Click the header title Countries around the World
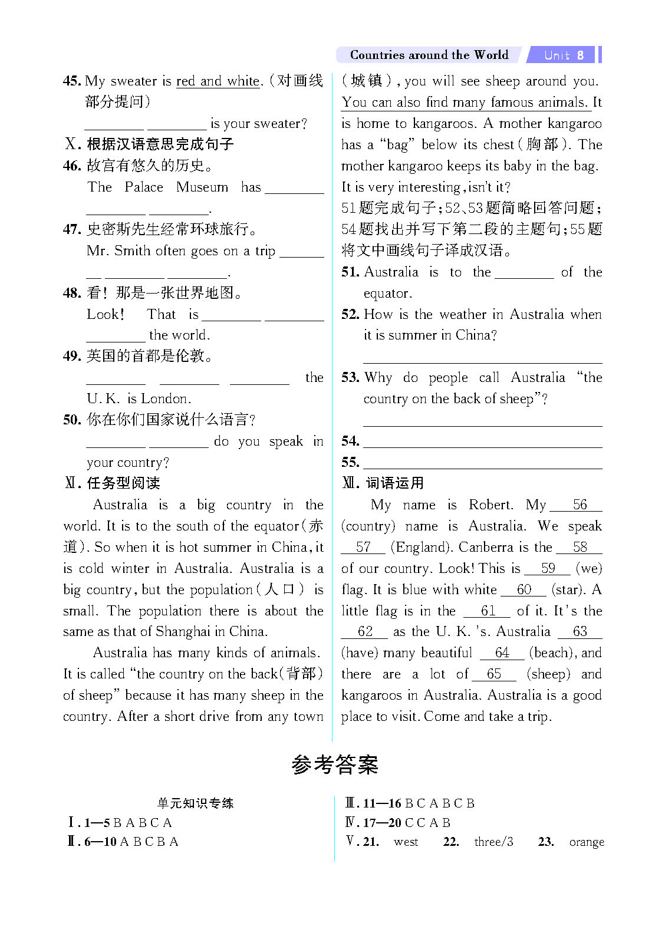tap(429, 55)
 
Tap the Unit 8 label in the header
tap(564, 55)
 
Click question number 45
tap(71, 81)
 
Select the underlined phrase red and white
tap(218, 81)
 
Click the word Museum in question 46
tap(202, 187)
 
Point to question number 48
tap(71, 293)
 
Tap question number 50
tap(71, 420)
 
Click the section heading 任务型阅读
tap(123, 483)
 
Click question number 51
tap(350, 272)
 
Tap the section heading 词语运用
tap(394, 483)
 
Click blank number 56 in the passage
tap(580, 505)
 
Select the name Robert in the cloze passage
tap(490, 505)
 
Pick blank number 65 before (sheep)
tap(494, 674)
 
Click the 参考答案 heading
tap(334, 765)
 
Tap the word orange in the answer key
tap(587, 842)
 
